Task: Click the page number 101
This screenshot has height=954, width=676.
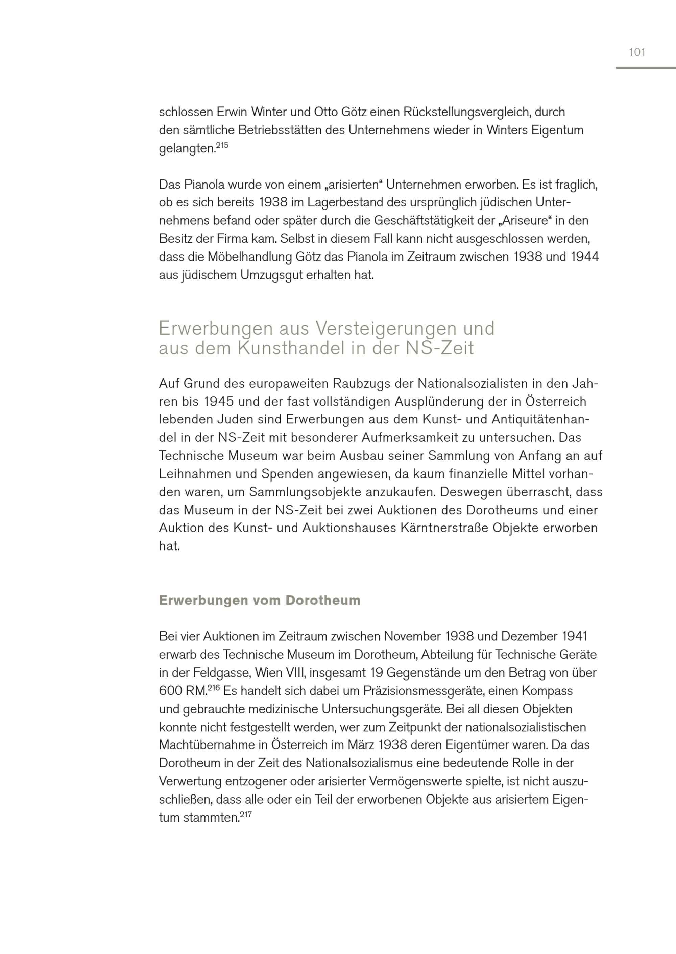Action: (637, 52)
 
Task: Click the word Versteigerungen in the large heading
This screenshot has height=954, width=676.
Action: (386, 328)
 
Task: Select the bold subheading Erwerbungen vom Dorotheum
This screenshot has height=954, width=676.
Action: (259, 600)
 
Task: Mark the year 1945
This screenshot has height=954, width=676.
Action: (219, 402)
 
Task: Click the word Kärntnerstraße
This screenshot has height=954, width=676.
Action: (444, 528)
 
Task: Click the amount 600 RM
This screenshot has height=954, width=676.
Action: (183, 691)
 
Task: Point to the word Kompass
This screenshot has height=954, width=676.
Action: (547, 691)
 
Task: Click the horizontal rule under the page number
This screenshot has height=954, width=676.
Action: (646, 68)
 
